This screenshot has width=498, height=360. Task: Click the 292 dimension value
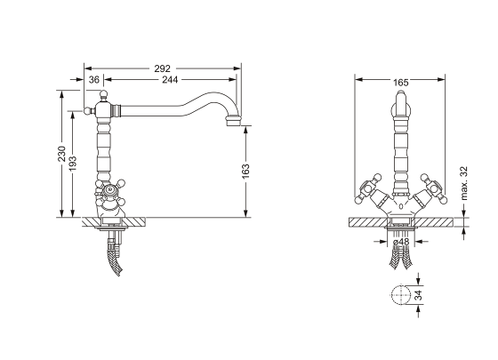tap(162, 68)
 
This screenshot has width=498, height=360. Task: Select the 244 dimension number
tap(170, 80)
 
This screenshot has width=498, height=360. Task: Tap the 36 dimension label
tap(94, 80)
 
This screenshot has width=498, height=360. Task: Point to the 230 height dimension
tap(61, 154)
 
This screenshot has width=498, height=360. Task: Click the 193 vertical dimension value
tap(73, 164)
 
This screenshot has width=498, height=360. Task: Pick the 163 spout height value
tap(245, 171)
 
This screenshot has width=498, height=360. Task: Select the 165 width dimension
tap(400, 83)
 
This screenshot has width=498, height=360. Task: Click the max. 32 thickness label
tap(463, 183)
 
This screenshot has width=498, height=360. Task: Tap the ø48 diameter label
tap(401, 242)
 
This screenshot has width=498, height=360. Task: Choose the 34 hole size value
tap(419, 295)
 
